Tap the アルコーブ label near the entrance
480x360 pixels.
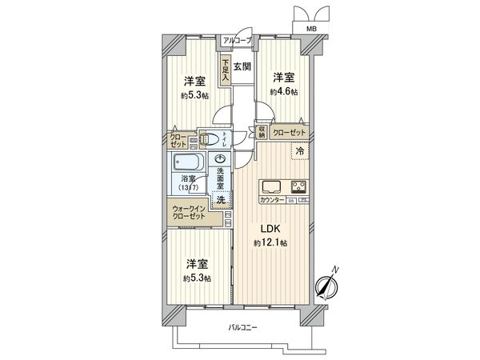tap(237, 40)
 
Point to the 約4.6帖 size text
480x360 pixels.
tap(283, 92)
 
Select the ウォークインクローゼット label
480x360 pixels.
tap(189, 214)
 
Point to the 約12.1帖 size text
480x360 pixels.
tap(271, 242)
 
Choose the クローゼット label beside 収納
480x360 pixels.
tap(288, 132)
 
